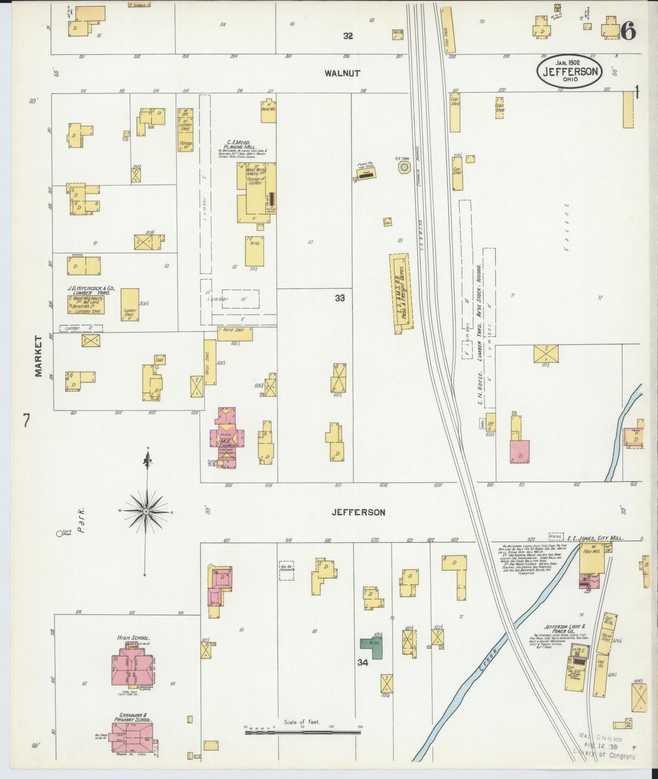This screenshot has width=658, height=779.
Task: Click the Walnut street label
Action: coord(342,73)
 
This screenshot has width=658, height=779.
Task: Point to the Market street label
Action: coord(38,356)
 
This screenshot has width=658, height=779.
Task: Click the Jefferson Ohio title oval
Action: coord(570,72)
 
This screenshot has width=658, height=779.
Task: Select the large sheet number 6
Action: coord(628,32)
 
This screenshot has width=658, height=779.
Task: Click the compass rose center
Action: coord(147,512)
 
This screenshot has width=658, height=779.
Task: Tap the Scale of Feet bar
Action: coord(303,733)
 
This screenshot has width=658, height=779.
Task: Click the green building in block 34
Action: coord(372,648)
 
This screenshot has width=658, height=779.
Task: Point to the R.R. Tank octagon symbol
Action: coord(404,168)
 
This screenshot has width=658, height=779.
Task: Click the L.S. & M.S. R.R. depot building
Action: coord(401,293)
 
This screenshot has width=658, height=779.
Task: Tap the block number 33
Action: coord(340,298)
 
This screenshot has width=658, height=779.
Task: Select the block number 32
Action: coord(348,36)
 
